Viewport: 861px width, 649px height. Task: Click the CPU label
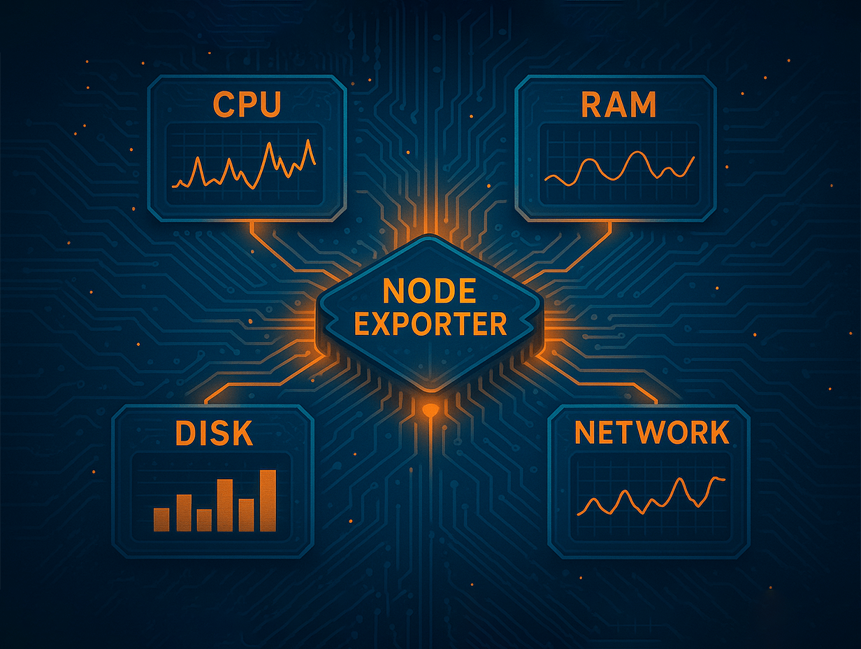(x=247, y=104)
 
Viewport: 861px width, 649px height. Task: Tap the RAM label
(x=618, y=104)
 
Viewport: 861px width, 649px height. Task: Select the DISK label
(x=213, y=434)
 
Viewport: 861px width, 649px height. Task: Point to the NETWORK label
(x=651, y=434)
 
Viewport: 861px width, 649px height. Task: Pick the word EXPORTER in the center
(x=430, y=324)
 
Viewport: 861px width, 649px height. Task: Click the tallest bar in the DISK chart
(x=268, y=501)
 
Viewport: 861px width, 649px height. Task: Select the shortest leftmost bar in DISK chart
(x=161, y=519)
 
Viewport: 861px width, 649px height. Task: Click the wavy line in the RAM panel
(x=619, y=168)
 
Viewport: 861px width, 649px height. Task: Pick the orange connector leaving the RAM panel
(x=587, y=245)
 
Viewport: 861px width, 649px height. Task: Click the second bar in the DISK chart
(x=184, y=513)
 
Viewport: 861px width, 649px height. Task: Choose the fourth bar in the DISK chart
(x=225, y=505)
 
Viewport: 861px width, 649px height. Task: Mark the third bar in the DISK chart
(x=204, y=520)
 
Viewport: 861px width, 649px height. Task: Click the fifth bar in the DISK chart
(x=246, y=515)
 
